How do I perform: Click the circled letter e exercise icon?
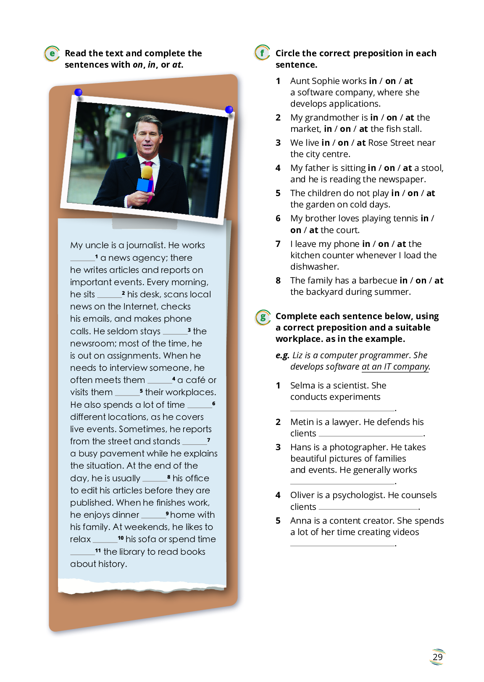click(x=52, y=54)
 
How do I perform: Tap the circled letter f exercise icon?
click(x=262, y=53)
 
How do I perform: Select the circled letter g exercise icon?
click(x=263, y=317)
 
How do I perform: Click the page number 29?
click(x=437, y=657)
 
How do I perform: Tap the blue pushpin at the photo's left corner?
click(x=78, y=93)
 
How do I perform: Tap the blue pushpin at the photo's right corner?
click(x=229, y=110)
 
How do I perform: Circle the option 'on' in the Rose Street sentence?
click(x=343, y=143)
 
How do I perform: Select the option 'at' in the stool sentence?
click(x=407, y=168)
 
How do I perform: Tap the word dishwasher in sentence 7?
click(x=314, y=267)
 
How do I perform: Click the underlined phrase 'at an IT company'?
click(x=395, y=367)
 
